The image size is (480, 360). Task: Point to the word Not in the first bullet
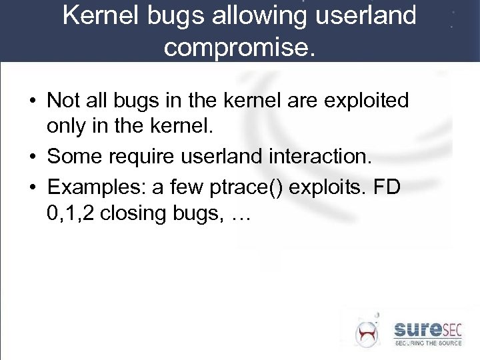click(63, 101)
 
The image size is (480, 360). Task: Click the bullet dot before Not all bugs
click(31, 101)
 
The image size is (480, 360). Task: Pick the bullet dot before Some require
click(31, 157)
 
